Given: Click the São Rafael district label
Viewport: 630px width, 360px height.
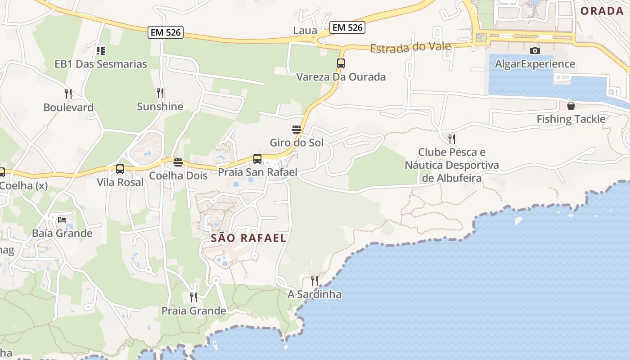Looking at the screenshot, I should tap(248, 238).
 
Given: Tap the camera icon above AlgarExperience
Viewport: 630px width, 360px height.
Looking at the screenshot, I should tap(535, 50).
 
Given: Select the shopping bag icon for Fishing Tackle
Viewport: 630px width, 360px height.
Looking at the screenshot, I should tap(571, 106).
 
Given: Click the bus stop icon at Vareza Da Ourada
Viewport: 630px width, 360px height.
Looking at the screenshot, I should tap(341, 63).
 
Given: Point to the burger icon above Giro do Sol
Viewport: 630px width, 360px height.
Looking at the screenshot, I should tap(296, 130).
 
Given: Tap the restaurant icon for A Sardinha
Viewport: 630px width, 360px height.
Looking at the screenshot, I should tap(314, 281).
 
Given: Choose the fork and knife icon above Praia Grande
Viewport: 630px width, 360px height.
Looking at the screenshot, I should tap(193, 297).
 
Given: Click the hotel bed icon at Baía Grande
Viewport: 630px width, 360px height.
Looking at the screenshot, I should tap(62, 220).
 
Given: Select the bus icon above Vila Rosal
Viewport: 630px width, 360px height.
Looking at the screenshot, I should tap(120, 169).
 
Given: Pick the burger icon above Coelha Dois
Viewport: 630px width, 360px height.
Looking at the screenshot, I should tap(178, 162).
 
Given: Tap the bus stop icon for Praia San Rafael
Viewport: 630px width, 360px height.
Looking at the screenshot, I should tap(257, 159).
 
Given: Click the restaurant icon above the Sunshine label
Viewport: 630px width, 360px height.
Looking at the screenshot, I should tap(160, 93).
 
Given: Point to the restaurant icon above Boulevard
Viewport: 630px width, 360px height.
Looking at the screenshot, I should tap(68, 94).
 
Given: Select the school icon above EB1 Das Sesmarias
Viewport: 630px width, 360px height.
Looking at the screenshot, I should tap(101, 50).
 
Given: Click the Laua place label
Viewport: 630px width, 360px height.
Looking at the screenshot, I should tap(305, 31).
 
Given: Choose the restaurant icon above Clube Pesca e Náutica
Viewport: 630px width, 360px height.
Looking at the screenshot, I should tap(451, 139).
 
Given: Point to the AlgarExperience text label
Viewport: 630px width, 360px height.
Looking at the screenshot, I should tap(535, 64).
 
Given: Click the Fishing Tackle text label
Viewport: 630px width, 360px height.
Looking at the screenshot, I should tap(571, 119).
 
